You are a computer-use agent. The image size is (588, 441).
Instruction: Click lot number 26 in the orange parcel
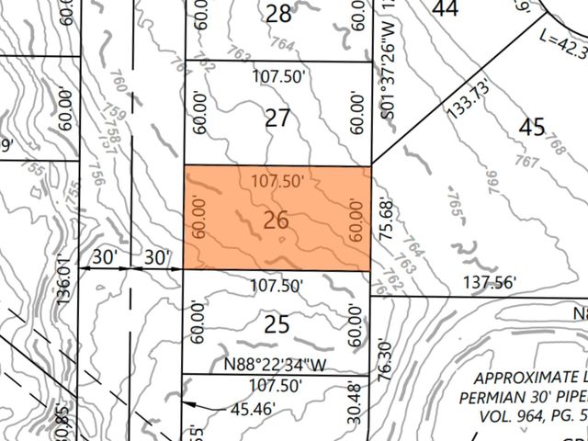tap(276, 220)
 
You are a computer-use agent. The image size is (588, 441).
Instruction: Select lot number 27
tap(277, 118)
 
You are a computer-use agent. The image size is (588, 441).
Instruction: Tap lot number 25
tap(277, 323)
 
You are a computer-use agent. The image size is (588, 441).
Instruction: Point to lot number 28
tap(277, 12)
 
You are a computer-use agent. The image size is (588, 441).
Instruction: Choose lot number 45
tap(532, 129)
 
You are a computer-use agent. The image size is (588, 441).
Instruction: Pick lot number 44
tap(445, 8)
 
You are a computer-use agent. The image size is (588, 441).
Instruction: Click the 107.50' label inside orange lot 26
tap(277, 181)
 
